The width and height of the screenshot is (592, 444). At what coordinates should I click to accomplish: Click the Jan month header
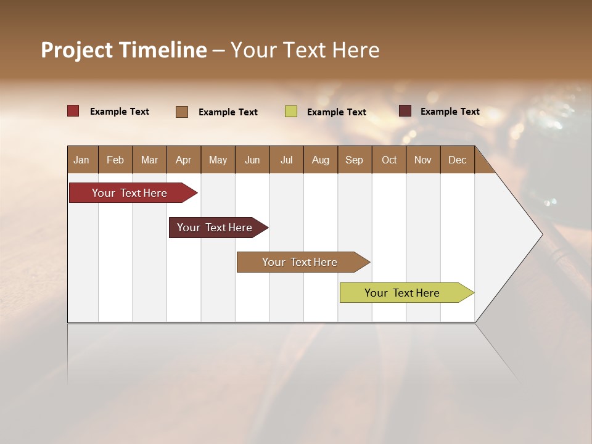81,160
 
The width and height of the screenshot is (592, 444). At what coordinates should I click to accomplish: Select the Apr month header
183,160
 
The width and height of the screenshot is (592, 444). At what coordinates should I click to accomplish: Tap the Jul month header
286,160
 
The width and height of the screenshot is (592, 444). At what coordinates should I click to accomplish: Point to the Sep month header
354,160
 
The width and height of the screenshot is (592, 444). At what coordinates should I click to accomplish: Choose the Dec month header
457,160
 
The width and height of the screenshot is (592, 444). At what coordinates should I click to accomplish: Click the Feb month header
115,160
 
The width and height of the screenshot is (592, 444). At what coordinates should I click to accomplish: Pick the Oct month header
389,160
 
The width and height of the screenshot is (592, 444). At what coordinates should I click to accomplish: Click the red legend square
73,111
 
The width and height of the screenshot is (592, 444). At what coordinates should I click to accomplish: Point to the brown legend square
182,112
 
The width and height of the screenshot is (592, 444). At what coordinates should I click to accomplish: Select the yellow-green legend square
291,111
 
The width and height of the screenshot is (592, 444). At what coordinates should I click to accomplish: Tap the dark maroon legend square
405,111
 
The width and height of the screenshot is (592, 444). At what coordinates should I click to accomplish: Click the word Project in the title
77,50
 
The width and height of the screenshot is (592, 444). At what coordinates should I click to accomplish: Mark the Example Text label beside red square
120,112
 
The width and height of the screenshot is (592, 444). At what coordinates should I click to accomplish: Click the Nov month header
423,160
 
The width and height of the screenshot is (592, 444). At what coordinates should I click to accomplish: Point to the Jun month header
252,160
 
